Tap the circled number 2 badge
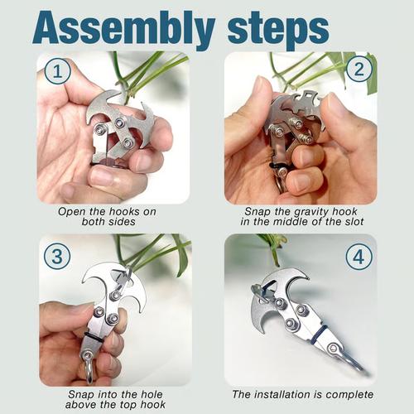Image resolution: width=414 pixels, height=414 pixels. click(x=356, y=72)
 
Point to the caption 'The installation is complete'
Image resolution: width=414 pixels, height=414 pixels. click(x=301, y=394)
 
